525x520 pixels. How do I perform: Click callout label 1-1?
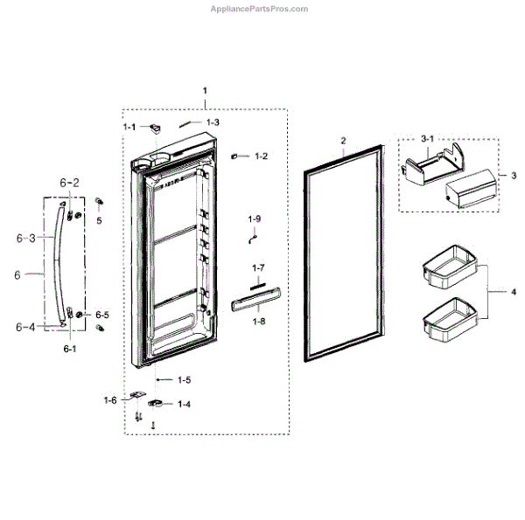[129, 127]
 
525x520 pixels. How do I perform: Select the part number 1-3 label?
[213, 122]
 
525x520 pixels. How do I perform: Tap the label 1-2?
[261, 156]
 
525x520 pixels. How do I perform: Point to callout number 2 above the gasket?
[343, 141]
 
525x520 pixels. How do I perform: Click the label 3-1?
[428, 139]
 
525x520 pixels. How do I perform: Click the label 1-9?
[255, 218]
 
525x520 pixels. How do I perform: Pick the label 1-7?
[258, 267]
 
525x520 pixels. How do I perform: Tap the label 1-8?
[258, 322]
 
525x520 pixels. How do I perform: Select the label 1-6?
[109, 400]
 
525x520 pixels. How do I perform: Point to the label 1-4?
[184, 404]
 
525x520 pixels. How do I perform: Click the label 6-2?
[69, 183]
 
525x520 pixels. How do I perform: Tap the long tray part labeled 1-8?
[255, 302]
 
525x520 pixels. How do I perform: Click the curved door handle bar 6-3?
[58, 262]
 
